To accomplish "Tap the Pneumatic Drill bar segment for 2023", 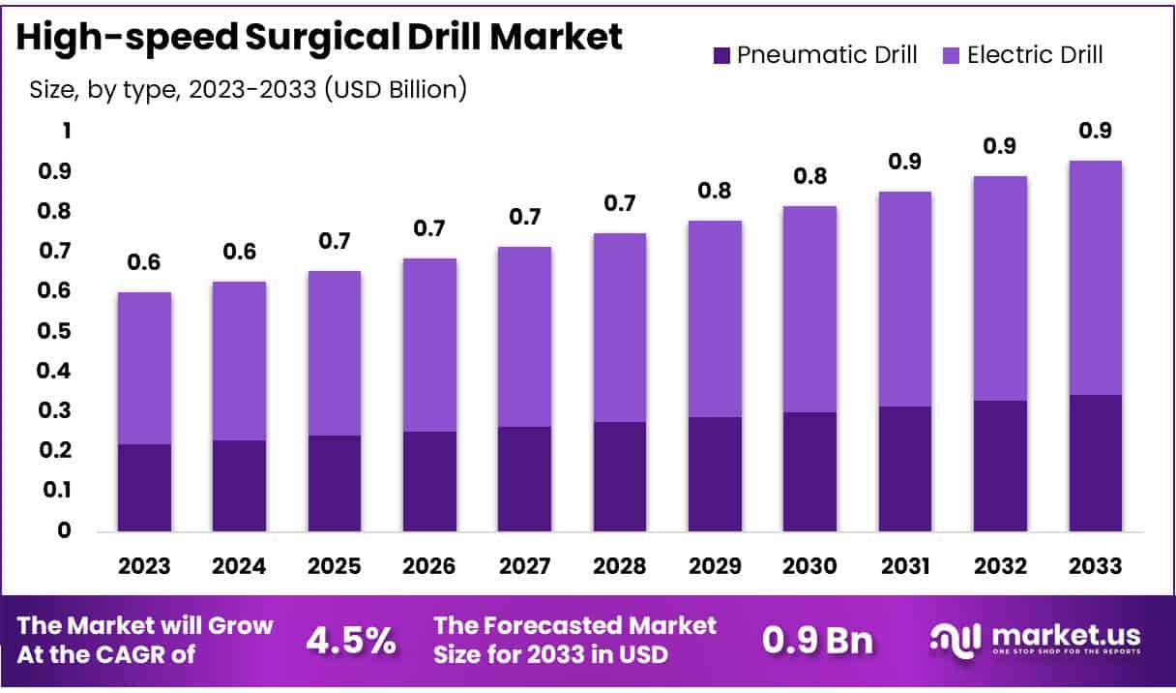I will click(x=144, y=487).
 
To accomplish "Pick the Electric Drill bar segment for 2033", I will click(x=1096, y=278).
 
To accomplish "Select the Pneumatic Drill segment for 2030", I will click(x=809, y=471).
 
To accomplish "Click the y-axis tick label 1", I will click(x=67, y=131).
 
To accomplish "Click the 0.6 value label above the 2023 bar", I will click(x=144, y=262).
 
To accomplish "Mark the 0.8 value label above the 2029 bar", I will click(x=715, y=191).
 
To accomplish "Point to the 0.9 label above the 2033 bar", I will click(x=1096, y=131).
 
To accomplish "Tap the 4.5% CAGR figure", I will click(x=350, y=640).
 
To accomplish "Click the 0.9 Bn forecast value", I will click(x=817, y=640).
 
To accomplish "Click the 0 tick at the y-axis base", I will click(x=64, y=530).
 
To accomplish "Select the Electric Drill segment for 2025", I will click(x=334, y=352).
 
